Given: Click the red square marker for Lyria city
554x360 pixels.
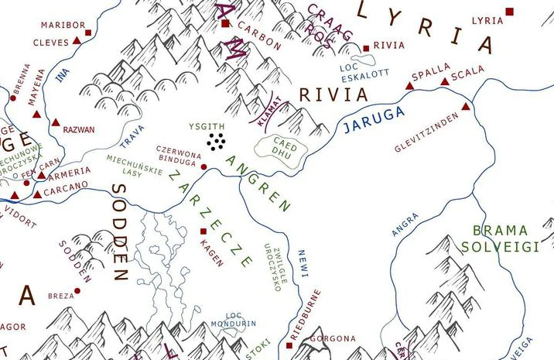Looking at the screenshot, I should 509,11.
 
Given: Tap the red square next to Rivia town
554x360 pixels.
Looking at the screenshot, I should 366,47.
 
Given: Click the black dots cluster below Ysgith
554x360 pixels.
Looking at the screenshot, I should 217,140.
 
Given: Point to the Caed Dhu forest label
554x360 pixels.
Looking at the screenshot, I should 286,148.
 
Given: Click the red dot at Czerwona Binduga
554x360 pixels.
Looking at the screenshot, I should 203,166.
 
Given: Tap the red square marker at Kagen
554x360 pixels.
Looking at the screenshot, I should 203,231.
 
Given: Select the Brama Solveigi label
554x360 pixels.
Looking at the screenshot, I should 500,238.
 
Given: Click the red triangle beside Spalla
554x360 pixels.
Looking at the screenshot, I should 410,85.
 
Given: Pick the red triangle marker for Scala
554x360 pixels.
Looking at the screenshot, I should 444,81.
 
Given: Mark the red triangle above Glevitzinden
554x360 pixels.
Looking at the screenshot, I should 466,107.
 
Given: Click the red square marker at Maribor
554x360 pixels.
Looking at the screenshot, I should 87,33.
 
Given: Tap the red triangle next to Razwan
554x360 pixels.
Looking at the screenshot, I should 56,123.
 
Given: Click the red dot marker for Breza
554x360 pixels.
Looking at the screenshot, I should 77,292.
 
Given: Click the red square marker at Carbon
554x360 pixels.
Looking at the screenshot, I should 225,24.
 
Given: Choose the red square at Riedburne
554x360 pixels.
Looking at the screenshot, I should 294,338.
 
